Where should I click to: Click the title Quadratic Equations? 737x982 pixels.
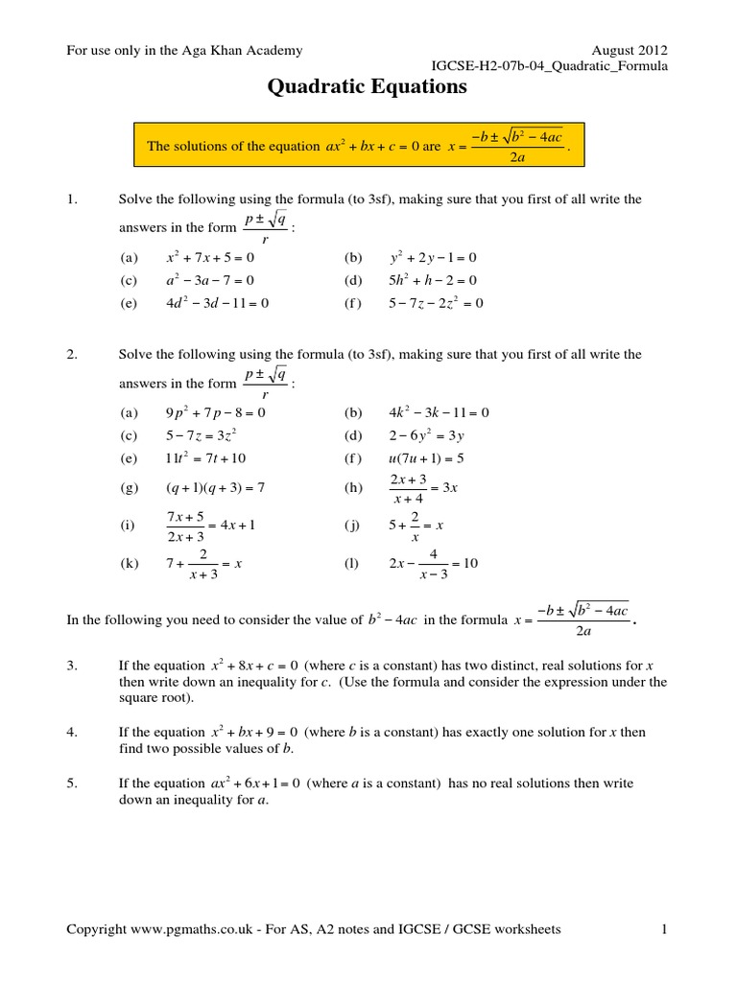(367, 87)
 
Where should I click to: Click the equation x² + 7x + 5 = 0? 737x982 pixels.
(210, 258)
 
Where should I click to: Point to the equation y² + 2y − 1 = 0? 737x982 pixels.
(433, 258)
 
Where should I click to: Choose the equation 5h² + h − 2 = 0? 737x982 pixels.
(433, 280)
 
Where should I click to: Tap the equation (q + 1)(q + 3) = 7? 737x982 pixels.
(215, 487)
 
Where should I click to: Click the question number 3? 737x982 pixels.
(71, 665)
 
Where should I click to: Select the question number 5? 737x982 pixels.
(71, 783)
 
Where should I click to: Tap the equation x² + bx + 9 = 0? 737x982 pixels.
(254, 733)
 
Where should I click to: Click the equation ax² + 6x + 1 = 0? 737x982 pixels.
(256, 783)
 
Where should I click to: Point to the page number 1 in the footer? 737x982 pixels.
(663, 928)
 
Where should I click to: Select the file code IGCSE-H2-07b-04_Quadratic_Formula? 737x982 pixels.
(551, 66)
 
